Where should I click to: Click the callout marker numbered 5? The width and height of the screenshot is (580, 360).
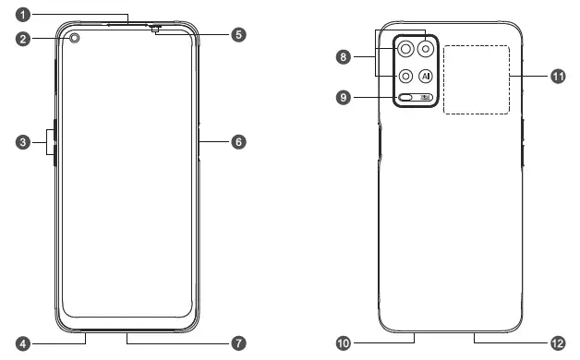point(238,34)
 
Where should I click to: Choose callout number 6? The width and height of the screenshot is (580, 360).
point(238,142)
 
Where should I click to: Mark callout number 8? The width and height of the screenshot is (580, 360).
point(344,57)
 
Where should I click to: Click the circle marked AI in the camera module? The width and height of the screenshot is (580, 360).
point(426,77)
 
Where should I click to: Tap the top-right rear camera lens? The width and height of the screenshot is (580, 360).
point(426,51)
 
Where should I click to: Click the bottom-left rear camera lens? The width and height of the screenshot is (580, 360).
point(405,77)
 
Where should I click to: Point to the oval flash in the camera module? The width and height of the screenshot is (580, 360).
point(406,98)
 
